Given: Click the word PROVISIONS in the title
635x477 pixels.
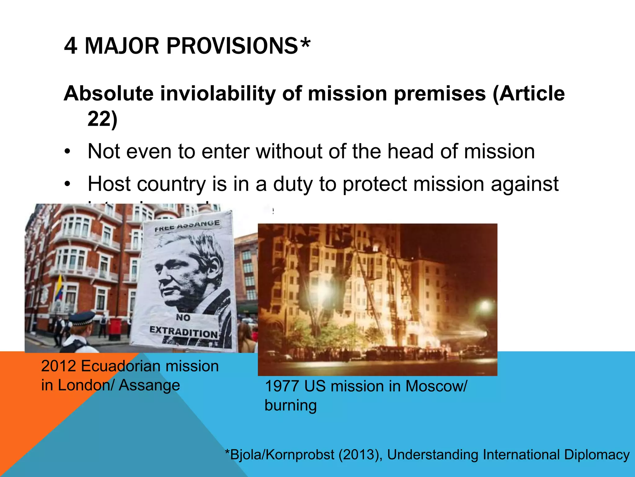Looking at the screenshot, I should click(x=232, y=46).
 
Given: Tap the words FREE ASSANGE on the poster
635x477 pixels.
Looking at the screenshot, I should click(x=187, y=226).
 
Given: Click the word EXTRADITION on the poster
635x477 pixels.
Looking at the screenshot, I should click(x=184, y=332).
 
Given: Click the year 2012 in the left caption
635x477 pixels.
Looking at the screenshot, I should click(x=59, y=366).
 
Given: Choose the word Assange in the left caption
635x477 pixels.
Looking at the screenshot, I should click(x=149, y=385).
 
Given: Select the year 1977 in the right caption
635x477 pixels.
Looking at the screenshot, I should click(x=282, y=386).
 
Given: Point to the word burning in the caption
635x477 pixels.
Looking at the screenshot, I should click(x=291, y=406).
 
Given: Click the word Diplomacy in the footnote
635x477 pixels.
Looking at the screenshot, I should click(x=597, y=455).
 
